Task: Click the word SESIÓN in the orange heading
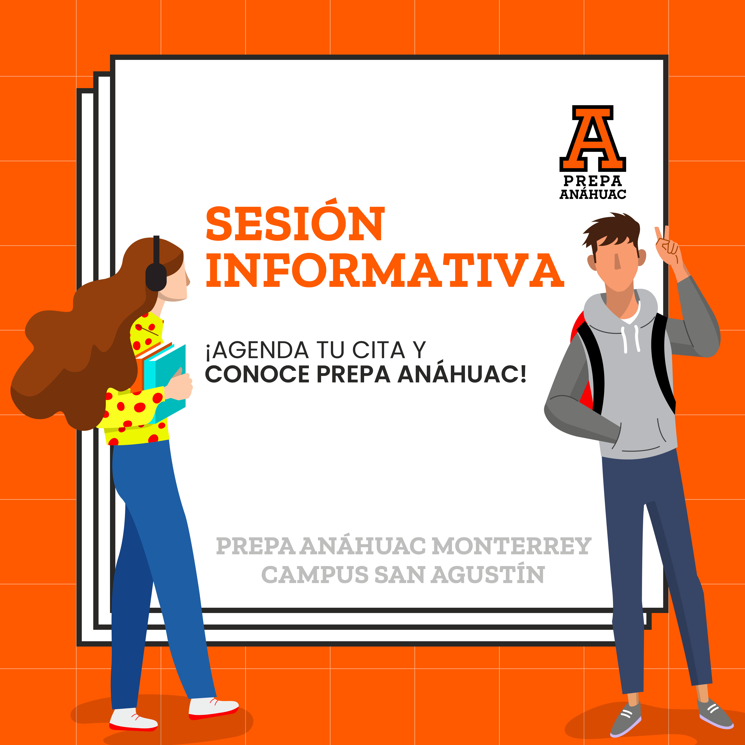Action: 295,221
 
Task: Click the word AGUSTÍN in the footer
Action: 487,575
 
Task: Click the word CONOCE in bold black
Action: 257,374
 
